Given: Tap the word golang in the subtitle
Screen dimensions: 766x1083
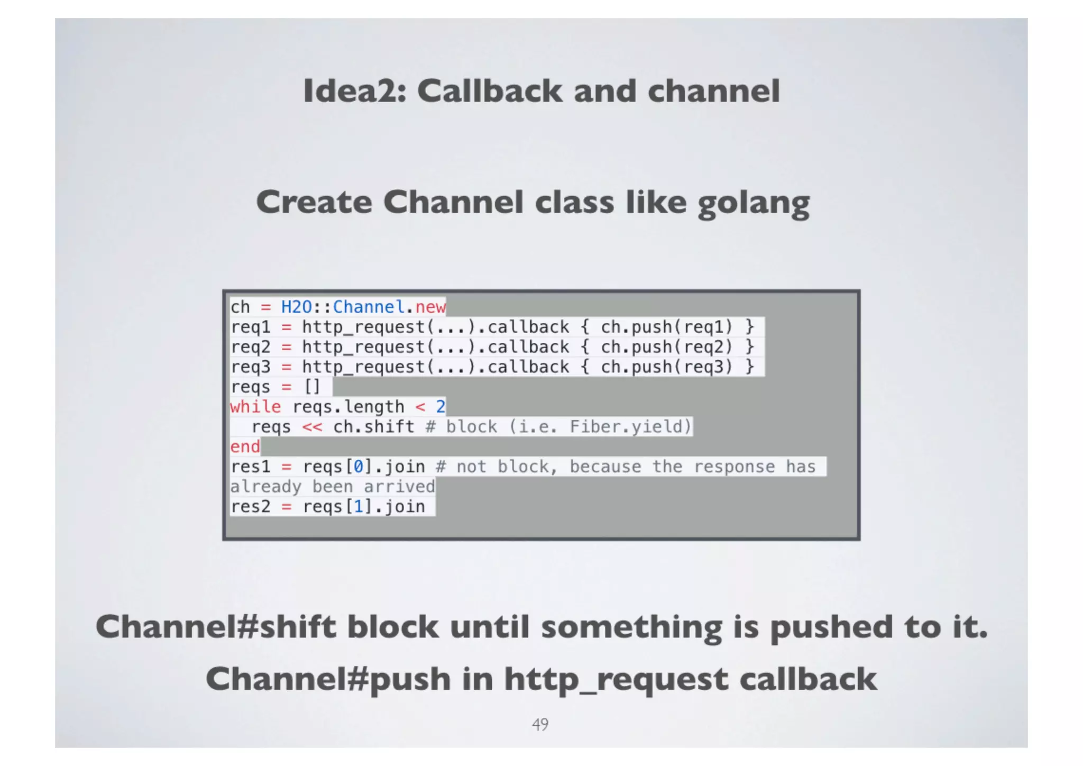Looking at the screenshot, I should coord(754,203).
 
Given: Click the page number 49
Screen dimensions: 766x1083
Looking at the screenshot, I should coord(540,724).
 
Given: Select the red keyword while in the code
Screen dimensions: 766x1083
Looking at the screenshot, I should coord(255,407).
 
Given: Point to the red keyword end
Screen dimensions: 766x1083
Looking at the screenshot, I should coord(245,447).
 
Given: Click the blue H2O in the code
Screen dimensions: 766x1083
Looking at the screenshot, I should coord(296,307).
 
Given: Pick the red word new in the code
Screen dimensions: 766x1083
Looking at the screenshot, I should coord(430,307).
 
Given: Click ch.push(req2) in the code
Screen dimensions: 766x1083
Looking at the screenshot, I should coord(667,347).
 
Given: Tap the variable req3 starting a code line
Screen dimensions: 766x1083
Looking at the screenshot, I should coord(250,367).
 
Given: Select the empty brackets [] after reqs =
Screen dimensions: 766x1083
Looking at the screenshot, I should coord(312,387).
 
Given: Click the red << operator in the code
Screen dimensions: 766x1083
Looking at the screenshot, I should coord(312,427).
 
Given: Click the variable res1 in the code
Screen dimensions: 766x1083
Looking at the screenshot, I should coord(250,467).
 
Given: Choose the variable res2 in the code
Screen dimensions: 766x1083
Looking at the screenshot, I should coord(250,507).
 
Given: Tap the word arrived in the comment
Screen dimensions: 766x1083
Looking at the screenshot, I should coord(399,487).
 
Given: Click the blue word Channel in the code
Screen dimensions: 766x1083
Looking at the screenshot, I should coord(369,307).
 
